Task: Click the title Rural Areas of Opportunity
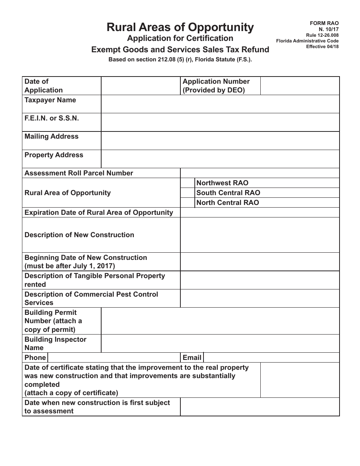[x=180, y=27]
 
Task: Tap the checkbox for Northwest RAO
[x=188, y=183]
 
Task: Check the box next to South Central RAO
[x=188, y=193]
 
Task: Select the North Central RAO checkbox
[x=188, y=203]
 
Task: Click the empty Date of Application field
[x=141, y=86]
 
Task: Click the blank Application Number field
[x=299, y=86]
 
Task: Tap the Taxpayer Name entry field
[x=220, y=104]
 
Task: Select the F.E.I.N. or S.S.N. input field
[x=220, y=122]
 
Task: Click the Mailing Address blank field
[x=220, y=141]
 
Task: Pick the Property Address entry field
[x=220, y=159]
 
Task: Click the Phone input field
[x=114, y=358]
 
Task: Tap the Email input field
[x=271, y=358]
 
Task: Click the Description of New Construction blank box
[x=260, y=235]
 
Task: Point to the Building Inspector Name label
[x=55, y=344]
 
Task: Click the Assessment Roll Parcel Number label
[x=79, y=173]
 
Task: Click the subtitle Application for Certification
[x=180, y=38]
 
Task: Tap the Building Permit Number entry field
[x=220, y=321]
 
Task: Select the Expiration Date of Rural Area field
[x=260, y=213]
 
